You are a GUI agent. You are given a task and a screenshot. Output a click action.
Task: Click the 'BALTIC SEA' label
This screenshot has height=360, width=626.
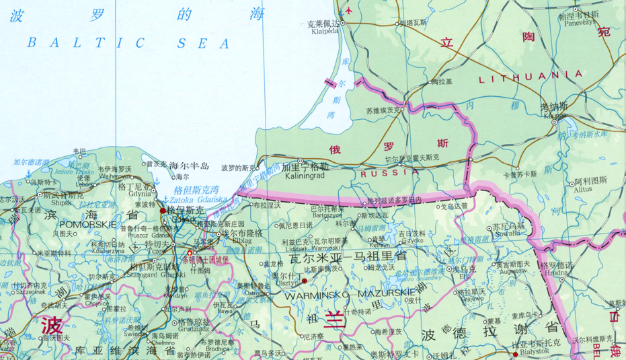point(128,43)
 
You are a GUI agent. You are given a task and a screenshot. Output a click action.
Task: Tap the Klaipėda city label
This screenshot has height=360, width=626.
point(325,30)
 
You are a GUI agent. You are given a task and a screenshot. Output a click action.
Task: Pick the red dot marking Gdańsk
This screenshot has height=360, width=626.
point(163,211)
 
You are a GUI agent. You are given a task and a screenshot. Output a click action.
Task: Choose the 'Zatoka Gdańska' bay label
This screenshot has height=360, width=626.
point(198,200)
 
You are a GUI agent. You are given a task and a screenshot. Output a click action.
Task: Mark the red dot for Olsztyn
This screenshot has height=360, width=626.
point(305,281)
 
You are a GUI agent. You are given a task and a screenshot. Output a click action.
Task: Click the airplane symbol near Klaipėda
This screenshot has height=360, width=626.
point(348,10)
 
